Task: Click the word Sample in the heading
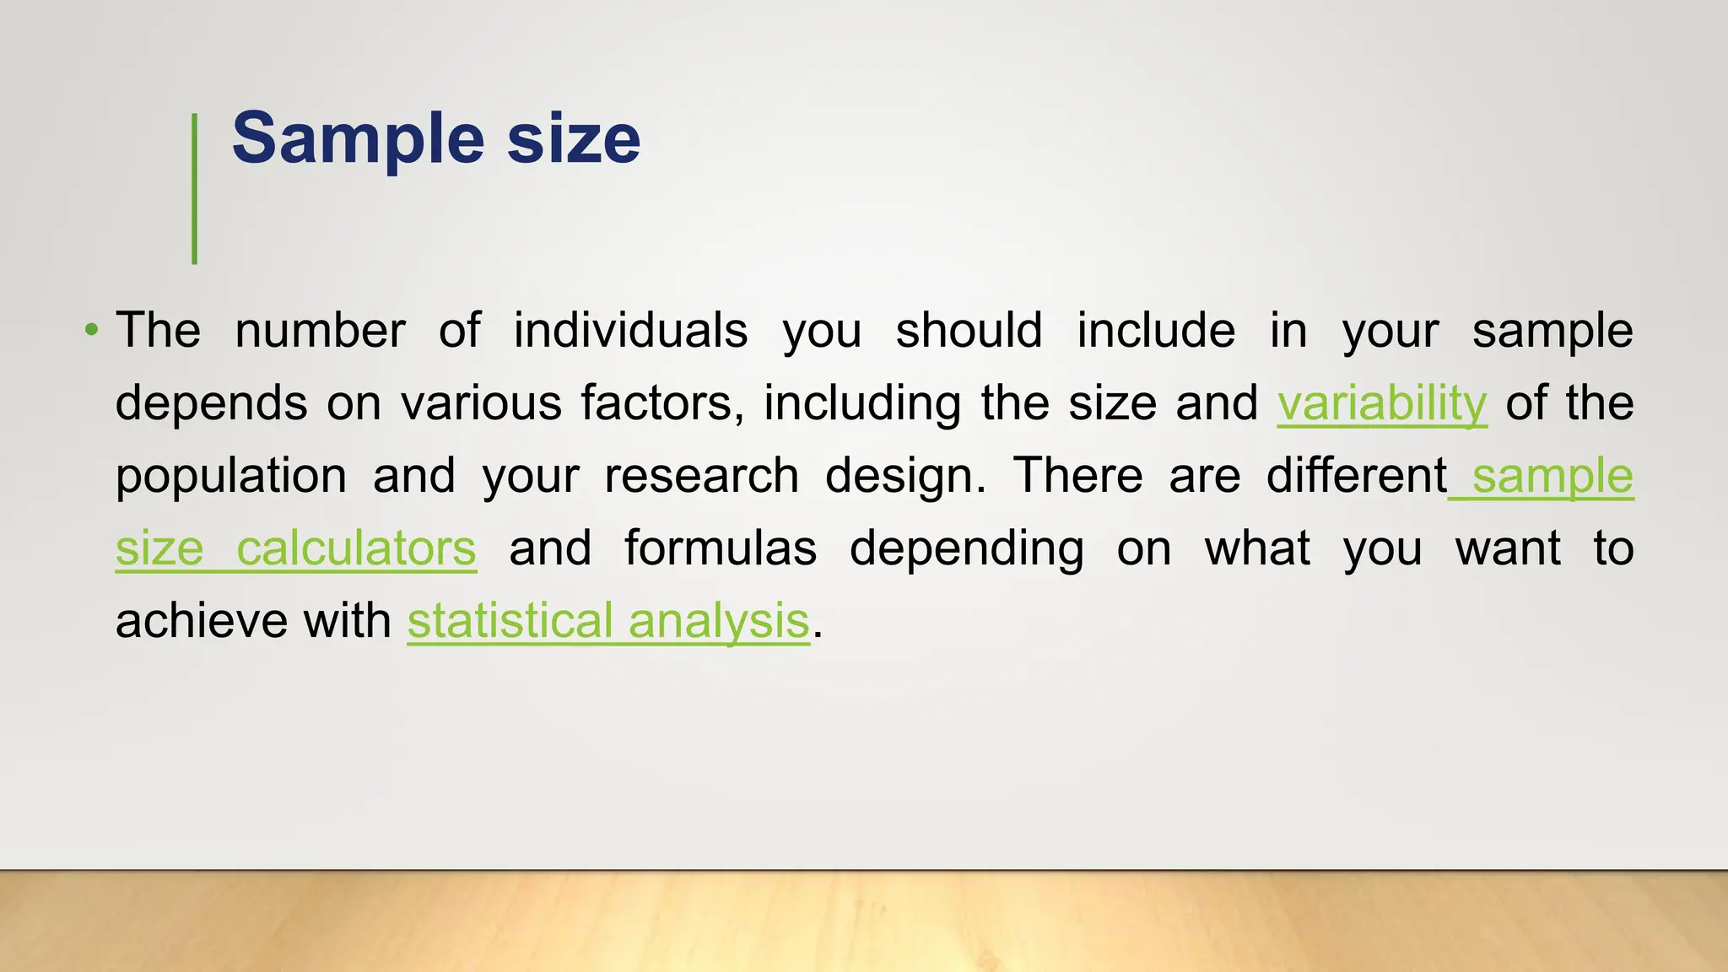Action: pyautogui.click(x=358, y=138)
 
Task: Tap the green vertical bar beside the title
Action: pyautogui.click(x=195, y=189)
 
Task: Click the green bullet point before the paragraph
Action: pyautogui.click(x=91, y=328)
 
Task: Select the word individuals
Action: pyautogui.click(x=630, y=330)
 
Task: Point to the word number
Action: pyautogui.click(x=320, y=330)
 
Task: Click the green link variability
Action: pyautogui.click(x=1381, y=403)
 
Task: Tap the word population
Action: pyautogui.click(x=231, y=477)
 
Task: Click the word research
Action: pyautogui.click(x=701, y=476)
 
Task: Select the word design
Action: pyautogui.click(x=904, y=476)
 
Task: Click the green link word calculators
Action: pyautogui.click(x=356, y=548)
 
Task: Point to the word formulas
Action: pyautogui.click(x=721, y=548)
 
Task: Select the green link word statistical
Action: pyautogui.click(x=510, y=621)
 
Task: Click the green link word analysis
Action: pyautogui.click(x=719, y=622)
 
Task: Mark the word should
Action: pyautogui.click(x=969, y=330)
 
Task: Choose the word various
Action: pyautogui.click(x=481, y=403)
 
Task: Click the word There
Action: pyautogui.click(x=1077, y=476)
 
